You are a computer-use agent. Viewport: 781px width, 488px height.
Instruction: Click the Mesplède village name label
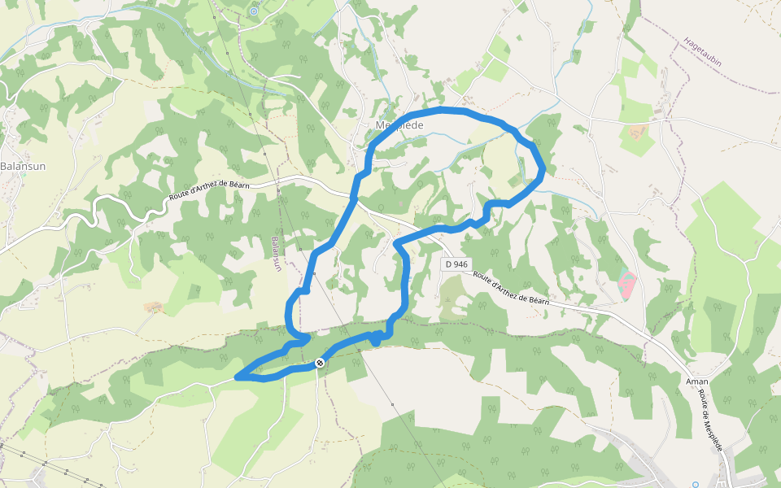point(400,125)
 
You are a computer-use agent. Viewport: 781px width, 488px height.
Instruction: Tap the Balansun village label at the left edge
point(23,167)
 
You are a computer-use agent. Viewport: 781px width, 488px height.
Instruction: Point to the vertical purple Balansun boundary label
point(277,255)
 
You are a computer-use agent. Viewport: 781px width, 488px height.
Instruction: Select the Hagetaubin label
point(703,51)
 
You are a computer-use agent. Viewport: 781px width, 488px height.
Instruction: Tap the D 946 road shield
point(456,264)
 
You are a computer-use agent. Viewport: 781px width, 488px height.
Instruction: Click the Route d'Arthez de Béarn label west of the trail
point(210,190)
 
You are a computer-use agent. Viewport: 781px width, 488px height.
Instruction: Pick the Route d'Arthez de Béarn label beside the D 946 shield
point(511,288)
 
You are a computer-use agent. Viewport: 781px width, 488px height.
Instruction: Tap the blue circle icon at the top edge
point(254,11)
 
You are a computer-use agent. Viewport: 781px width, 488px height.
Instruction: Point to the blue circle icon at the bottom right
point(696,485)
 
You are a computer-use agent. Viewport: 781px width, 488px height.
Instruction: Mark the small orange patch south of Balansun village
point(153,307)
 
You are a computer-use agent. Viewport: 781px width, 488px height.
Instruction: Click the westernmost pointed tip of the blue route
point(237,377)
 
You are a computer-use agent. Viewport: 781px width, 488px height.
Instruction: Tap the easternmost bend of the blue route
point(543,169)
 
